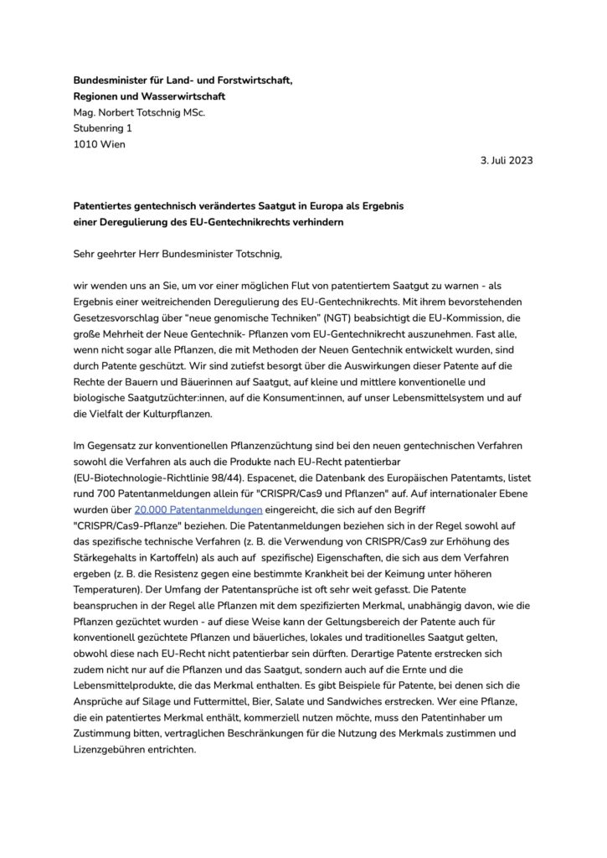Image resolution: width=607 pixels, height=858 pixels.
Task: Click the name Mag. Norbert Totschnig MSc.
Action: point(140,112)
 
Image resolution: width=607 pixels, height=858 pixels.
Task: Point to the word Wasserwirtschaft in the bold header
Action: point(178,96)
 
